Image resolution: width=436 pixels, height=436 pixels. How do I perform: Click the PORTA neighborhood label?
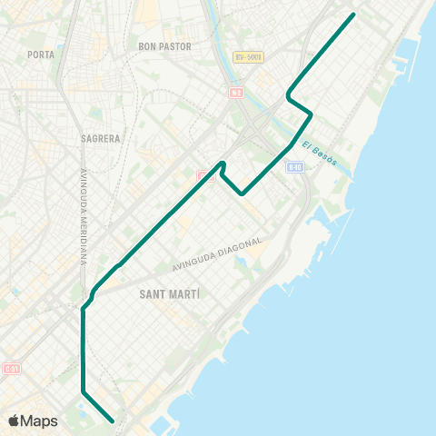click(x=41, y=54)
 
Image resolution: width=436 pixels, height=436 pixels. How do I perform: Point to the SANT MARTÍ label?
click(x=170, y=295)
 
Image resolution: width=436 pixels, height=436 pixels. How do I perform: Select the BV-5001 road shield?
click(x=247, y=57)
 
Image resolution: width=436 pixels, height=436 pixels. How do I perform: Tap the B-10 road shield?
click(x=294, y=167)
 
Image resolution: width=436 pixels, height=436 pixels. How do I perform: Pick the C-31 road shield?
click(x=11, y=369)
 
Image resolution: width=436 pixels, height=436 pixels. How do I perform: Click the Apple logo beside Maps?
click(x=14, y=421)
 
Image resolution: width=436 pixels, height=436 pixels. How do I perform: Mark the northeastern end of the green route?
click(x=352, y=15)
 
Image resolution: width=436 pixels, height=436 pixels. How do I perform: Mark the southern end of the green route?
click(x=112, y=421)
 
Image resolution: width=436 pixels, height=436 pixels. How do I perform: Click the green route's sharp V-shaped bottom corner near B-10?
click(x=243, y=193)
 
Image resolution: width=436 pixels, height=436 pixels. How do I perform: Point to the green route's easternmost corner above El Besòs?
click(x=312, y=114)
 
